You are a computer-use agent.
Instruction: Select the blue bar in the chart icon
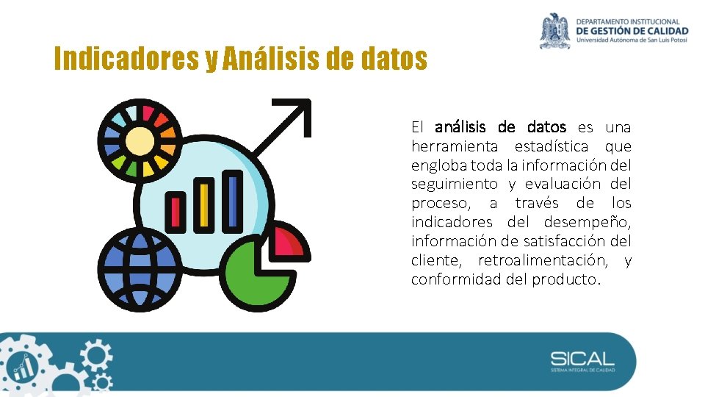(233, 199)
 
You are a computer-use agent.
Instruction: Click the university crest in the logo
(555, 31)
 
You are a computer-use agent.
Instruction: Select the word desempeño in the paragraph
(587, 222)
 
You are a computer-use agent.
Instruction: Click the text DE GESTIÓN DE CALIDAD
(632, 31)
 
